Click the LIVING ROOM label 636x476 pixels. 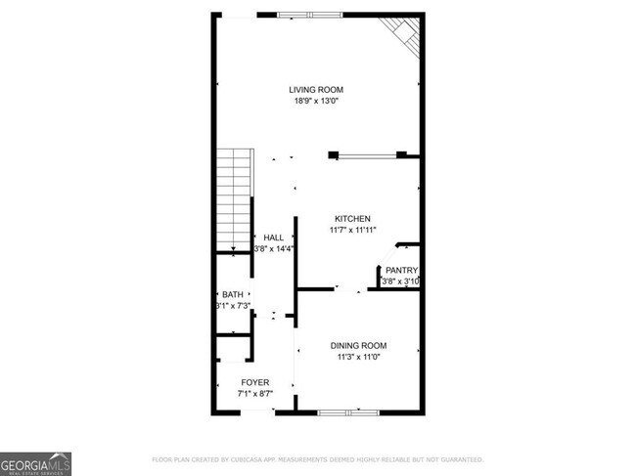(315, 90)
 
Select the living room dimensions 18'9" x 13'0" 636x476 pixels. (315, 102)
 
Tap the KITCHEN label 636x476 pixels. (351, 218)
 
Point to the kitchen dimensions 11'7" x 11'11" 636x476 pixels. (351, 230)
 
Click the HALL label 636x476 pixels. (273, 238)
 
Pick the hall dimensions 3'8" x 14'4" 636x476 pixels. (274, 249)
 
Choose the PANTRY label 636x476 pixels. (401, 271)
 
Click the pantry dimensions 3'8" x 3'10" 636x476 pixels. (400, 282)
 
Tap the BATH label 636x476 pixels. (232, 295)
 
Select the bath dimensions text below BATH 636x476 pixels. (234, 307)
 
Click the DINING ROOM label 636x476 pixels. (358, 346)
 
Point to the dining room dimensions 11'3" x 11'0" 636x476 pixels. (358, 358)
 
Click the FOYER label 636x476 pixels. (254, 382)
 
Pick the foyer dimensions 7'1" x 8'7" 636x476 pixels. (254, 394)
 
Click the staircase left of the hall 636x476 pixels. (234, 200)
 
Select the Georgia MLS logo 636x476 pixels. (35, 463)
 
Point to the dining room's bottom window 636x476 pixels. (348, 412)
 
